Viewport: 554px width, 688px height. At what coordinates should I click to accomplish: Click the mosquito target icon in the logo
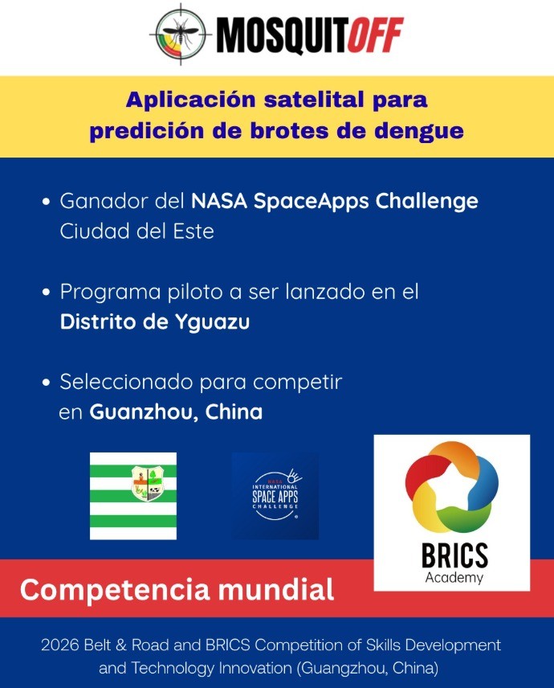tap(181, 35)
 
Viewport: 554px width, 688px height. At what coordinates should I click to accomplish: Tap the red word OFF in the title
tap(375, 35)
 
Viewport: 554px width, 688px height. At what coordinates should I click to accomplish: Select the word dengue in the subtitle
tap(419, 132)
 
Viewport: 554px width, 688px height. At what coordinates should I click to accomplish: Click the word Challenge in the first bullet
tap(426, 202)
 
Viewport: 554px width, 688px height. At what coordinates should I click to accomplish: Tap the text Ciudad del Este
tap(136, 231)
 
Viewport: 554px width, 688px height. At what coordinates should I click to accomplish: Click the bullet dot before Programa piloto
tap(47, 293)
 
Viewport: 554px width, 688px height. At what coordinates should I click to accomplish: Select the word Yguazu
tap(212, 322)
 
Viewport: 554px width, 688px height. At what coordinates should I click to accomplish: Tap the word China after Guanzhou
tap(234, 412)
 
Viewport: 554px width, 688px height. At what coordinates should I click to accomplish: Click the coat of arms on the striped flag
tap(147, 483)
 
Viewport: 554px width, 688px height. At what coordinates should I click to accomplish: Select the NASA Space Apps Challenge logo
tap(275, 496)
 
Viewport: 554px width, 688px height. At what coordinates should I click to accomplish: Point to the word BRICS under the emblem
tap(454, 555)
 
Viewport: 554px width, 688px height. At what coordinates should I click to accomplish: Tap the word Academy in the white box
tap(454, 578)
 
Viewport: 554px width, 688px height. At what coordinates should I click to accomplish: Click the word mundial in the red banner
tap(276, 589)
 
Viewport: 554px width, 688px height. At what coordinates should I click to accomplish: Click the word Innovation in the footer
tap(255, 668)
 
